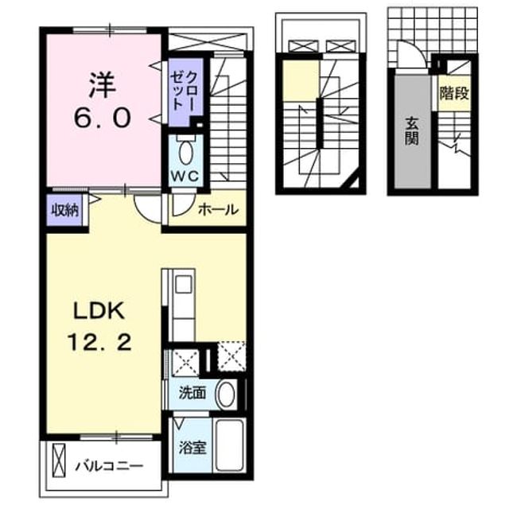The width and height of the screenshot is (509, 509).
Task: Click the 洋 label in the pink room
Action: coord(103,86)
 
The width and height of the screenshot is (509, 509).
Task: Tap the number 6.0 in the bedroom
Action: coord(103,118)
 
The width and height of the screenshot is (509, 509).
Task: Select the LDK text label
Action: coord(99,311)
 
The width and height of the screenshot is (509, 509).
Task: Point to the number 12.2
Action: coord(99,342)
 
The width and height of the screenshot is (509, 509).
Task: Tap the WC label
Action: coord(185,177)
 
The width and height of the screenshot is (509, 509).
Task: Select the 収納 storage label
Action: coord(65,211)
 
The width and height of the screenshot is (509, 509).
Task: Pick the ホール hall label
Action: coord(218,209)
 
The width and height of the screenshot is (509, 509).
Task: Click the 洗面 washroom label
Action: coord(192,393)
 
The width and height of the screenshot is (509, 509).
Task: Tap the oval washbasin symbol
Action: coord(226,394)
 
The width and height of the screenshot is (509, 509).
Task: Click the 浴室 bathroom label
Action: coord(192,448)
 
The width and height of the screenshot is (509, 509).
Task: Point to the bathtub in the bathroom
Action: coord(230,445)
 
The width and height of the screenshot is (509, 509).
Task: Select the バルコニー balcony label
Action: coord(110,467)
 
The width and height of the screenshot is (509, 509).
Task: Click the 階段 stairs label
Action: coord(454,94)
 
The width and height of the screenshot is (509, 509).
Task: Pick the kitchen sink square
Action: coord(184,284)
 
